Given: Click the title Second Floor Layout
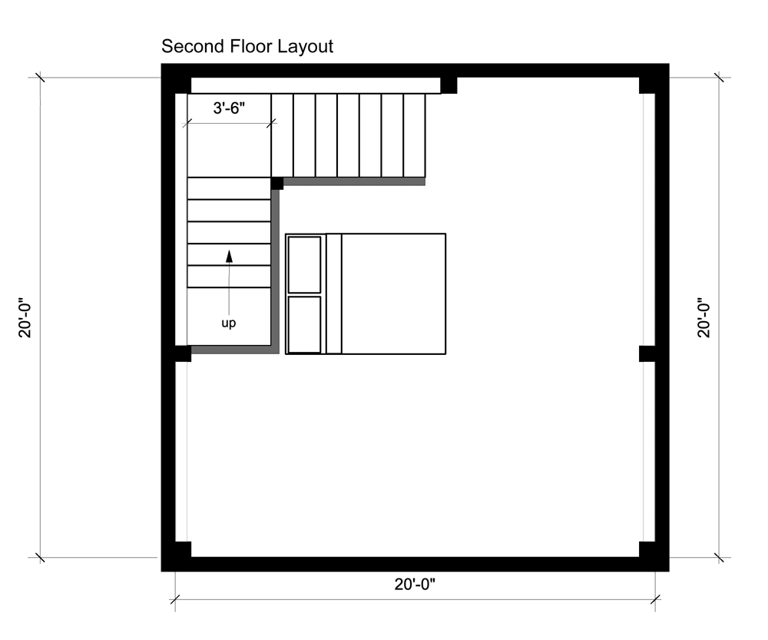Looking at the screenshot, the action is click(x=247, y=47).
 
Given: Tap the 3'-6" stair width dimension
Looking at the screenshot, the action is click(x=229, y=108).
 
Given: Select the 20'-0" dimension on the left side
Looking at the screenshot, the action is click(x=25, y=317).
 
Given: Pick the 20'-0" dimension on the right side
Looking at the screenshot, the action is click(x=703, y=317).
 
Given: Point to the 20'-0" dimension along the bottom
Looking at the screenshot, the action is click(x=415, y=584).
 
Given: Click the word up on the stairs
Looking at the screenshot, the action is click(x=229, y=323).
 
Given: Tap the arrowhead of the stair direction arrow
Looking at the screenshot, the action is click(x=229, y=256).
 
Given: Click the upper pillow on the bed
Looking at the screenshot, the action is click(x=305, y=264).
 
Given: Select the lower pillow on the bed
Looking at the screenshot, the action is click(x=305, y=324).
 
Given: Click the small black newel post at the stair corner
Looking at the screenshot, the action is click(x=277, y=184).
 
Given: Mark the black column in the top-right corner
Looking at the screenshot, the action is click(x=647, y=85).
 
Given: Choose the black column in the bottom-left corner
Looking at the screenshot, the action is click(x=184, y=549).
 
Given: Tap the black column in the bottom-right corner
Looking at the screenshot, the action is click(x=647, y=549).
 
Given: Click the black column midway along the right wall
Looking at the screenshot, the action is click(x=647, y=353).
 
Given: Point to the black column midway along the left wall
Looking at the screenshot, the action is click(x=184, y=353).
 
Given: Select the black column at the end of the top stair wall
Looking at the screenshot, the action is click(x=449, y=85).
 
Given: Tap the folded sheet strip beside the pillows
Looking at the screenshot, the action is click(x=333, y=293).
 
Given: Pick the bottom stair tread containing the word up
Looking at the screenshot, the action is click(x=229, y=316).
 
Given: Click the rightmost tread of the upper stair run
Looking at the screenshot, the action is click(x=415, y=135).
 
